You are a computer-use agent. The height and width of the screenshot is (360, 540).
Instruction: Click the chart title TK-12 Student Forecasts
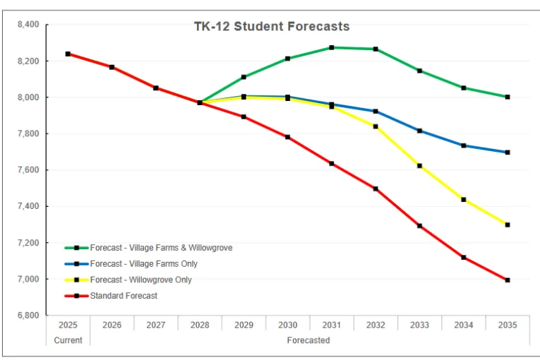[272, 27]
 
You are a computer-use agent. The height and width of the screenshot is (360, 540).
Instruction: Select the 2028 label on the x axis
[200, 325]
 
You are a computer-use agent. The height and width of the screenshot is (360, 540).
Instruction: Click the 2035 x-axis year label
[507, 325]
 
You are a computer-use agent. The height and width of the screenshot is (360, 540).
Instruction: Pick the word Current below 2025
[68, 340]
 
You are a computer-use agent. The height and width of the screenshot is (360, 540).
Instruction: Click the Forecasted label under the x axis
[308, 340]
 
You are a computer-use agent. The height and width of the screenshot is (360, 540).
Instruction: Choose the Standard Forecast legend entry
[124, 296]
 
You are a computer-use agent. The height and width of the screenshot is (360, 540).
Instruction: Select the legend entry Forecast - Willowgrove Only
[140, 280]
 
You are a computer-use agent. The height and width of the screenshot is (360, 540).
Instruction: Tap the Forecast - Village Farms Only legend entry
[143, 264]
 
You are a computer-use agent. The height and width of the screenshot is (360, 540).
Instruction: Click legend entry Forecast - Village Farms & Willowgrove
[161, 248]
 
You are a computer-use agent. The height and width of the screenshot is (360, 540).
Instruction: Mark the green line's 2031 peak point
[332, 48]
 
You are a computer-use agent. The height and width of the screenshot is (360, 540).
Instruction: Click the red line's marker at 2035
[508, 280]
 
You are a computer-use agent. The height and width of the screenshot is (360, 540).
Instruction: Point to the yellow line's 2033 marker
[419, 166]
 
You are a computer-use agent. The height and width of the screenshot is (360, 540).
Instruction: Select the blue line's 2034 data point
[464, 145]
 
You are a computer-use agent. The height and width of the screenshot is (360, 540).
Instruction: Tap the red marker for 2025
[68, 54]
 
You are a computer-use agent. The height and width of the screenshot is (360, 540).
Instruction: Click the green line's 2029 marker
[244, 77]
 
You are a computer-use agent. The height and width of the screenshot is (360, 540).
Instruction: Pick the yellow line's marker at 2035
[508, 225]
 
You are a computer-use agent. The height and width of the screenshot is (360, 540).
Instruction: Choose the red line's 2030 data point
[288, 137]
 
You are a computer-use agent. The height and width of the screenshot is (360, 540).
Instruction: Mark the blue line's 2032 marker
[376, 112]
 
